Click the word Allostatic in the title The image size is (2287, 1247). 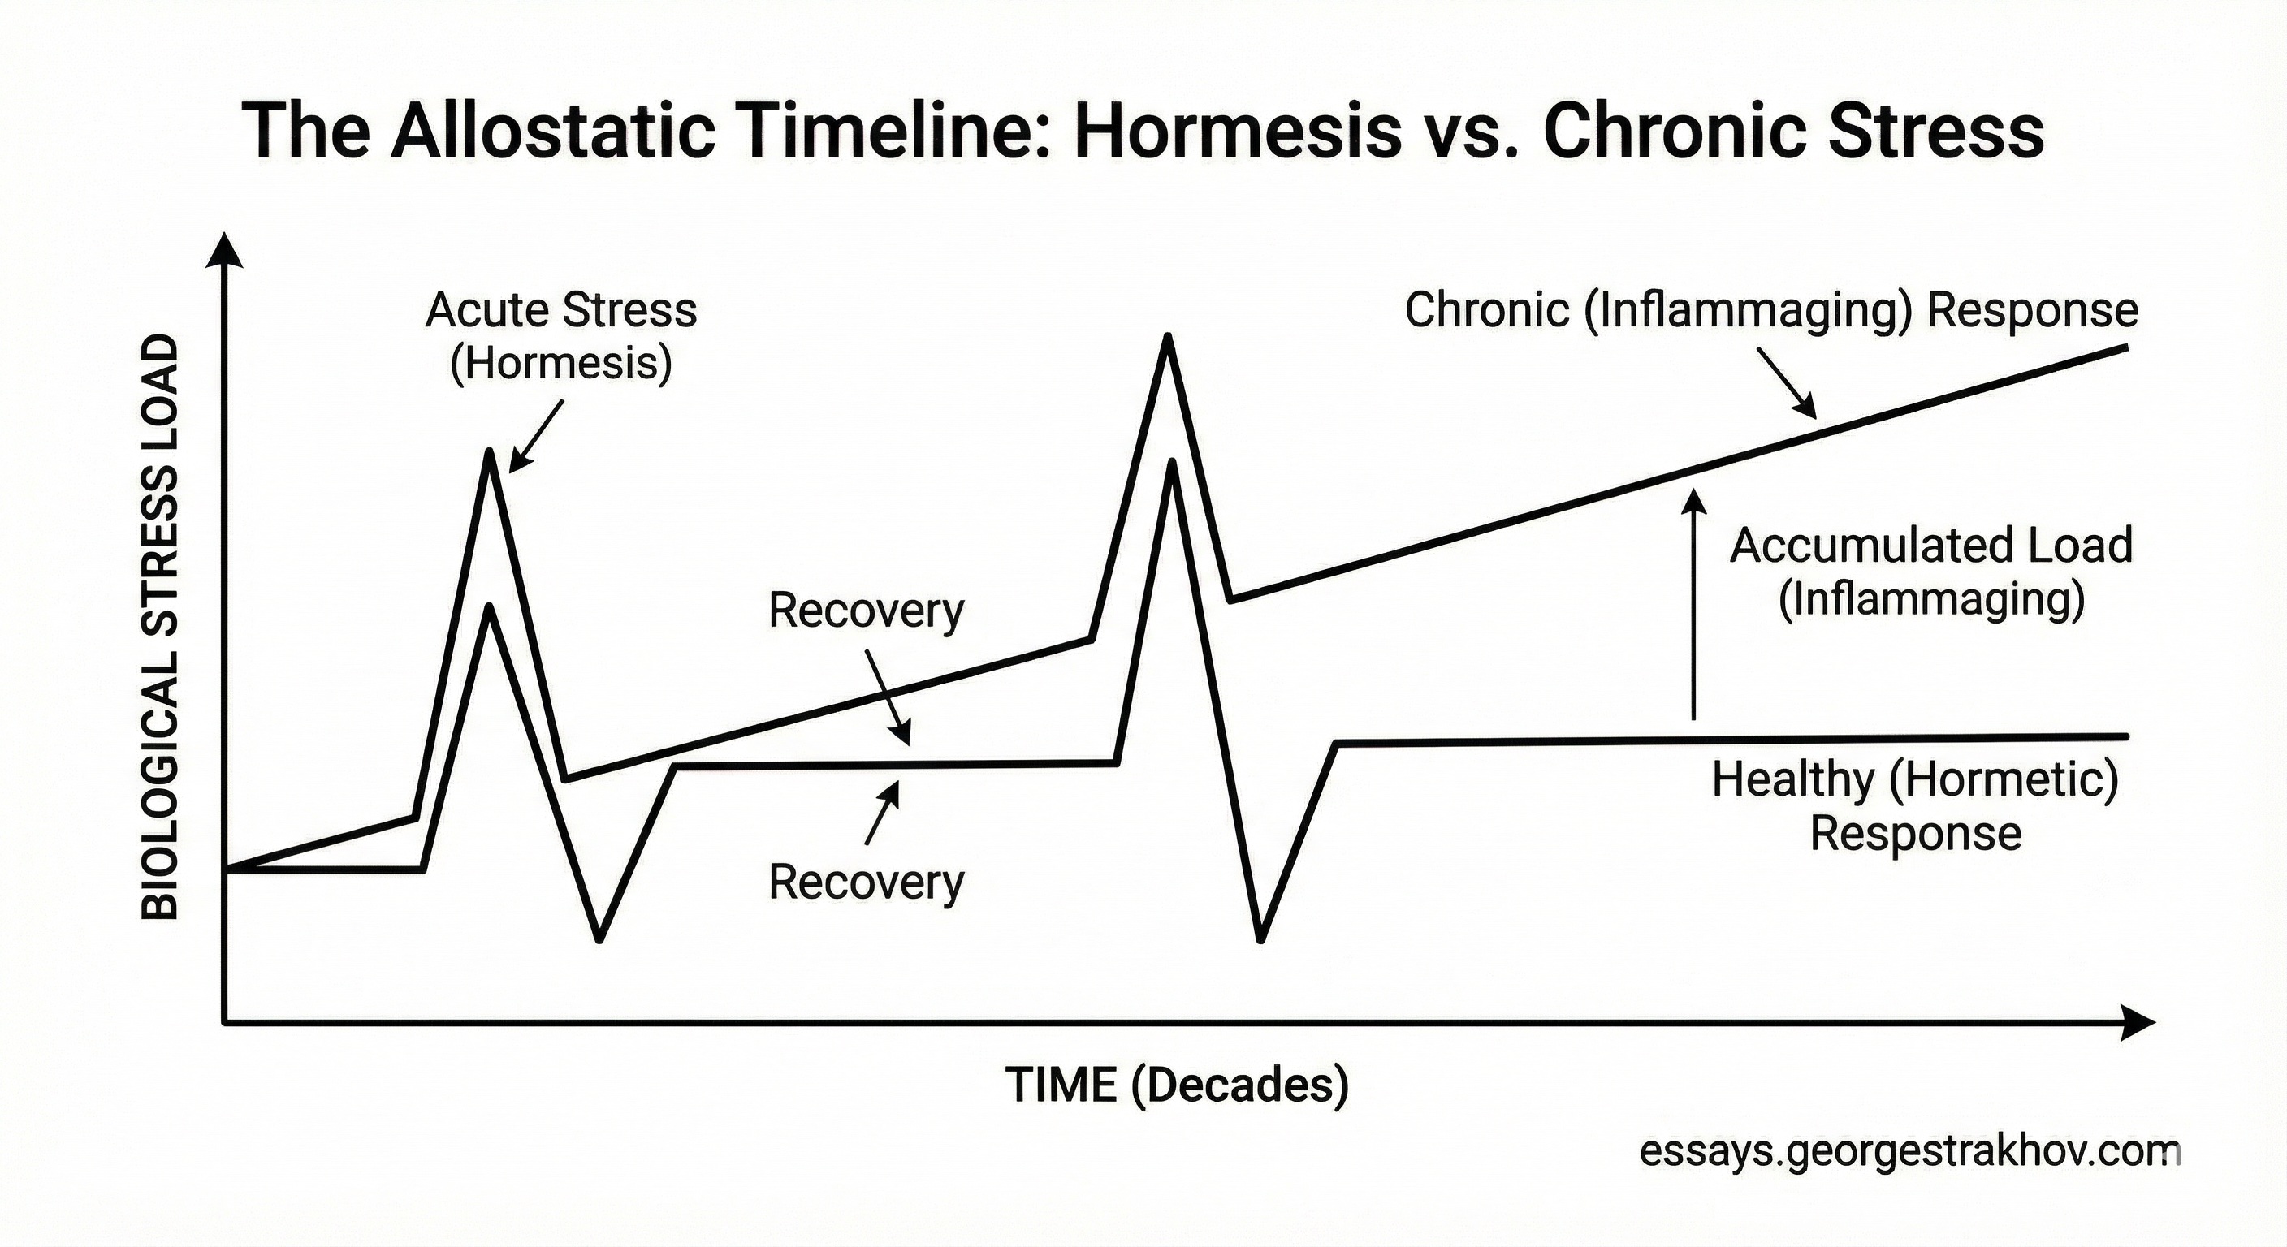coord(551,132)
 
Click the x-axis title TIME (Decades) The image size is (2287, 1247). coord(1176,1085)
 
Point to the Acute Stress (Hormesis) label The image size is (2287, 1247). coord(561,336)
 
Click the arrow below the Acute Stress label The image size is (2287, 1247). coord(536,436)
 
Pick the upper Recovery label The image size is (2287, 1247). coord(866,611)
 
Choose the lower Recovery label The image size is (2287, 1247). coord(866,882)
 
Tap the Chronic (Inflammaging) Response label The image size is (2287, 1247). coord(1771,310)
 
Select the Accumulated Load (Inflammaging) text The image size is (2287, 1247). coord(1931,572)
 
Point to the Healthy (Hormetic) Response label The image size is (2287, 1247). coord(1915,806)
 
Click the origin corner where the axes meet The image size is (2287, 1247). coord(225,1022)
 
